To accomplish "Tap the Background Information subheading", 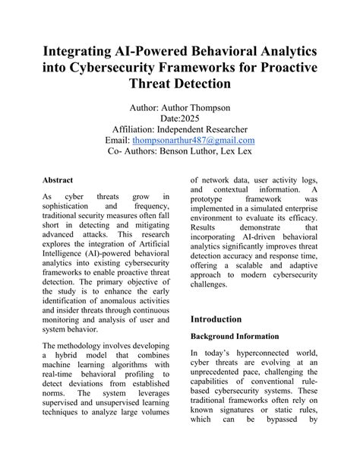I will pyautogui.click(x=236, y=336).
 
